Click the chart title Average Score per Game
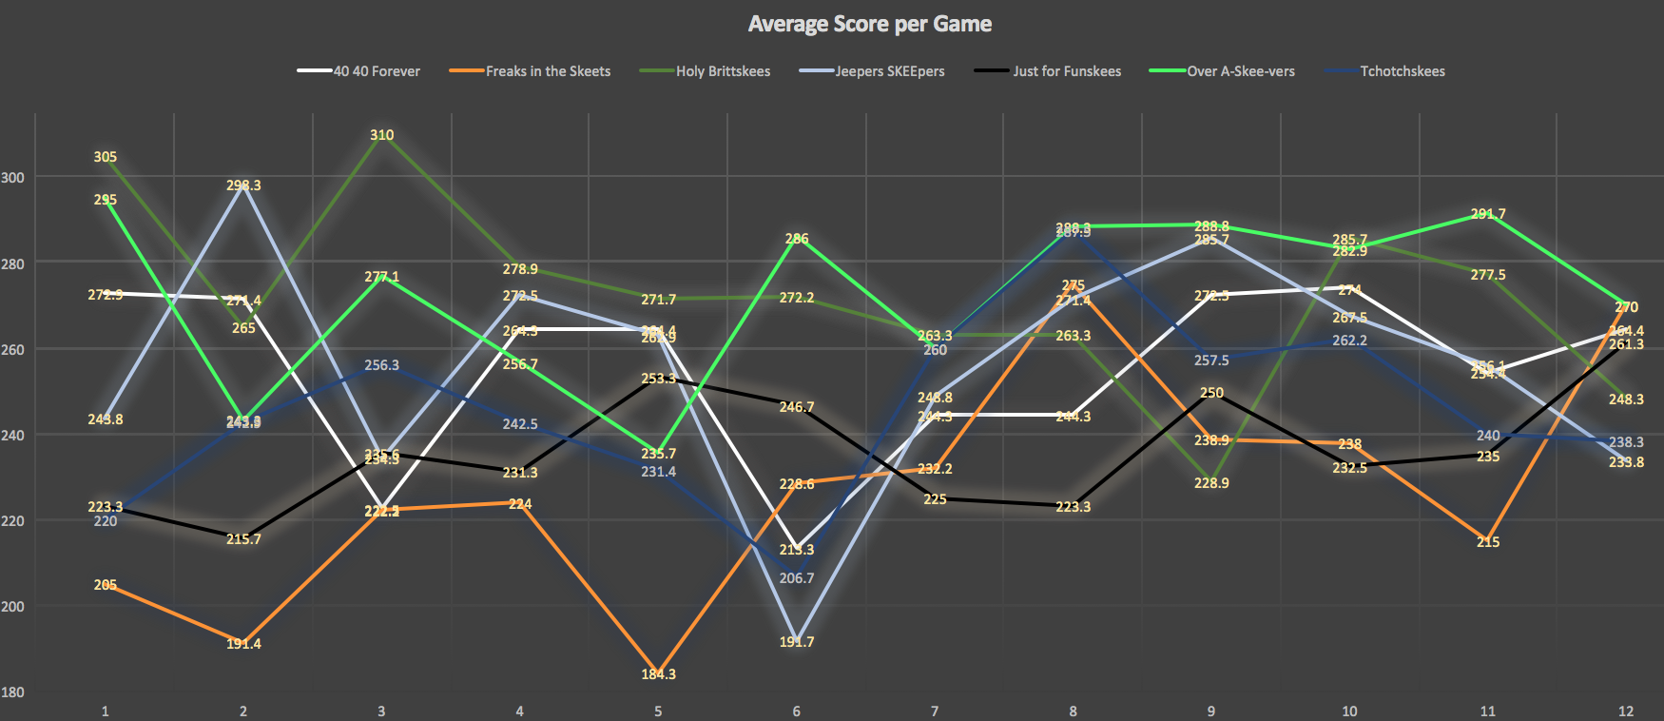click(x=869, y=24)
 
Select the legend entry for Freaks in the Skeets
click(x=548, y=71)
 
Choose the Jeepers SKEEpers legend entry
click(x=889, y=71)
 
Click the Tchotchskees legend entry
click(x=1402, y=71)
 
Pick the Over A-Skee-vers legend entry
click(x=1240, y=71)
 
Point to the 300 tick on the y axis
click(x=13, y=178)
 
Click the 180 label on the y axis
click(x=13, y=692)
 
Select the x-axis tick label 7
click(x=935, y=711)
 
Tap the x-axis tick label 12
click(x=1626, y=711)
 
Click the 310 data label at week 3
click(x=382, y=135)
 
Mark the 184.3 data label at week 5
click(x=658, y=674)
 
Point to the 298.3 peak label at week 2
click(x=243, y=185)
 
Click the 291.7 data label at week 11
click(x=1488, y=214)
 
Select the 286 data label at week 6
click(x=797, y=239)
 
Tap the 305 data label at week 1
click(x=106, y=157)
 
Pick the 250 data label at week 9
click(x=1211, y=393)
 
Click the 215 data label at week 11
click(x=1488, y=542)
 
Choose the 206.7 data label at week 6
click(x=797, y=578)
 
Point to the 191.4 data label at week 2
click(x=243, y=644)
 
